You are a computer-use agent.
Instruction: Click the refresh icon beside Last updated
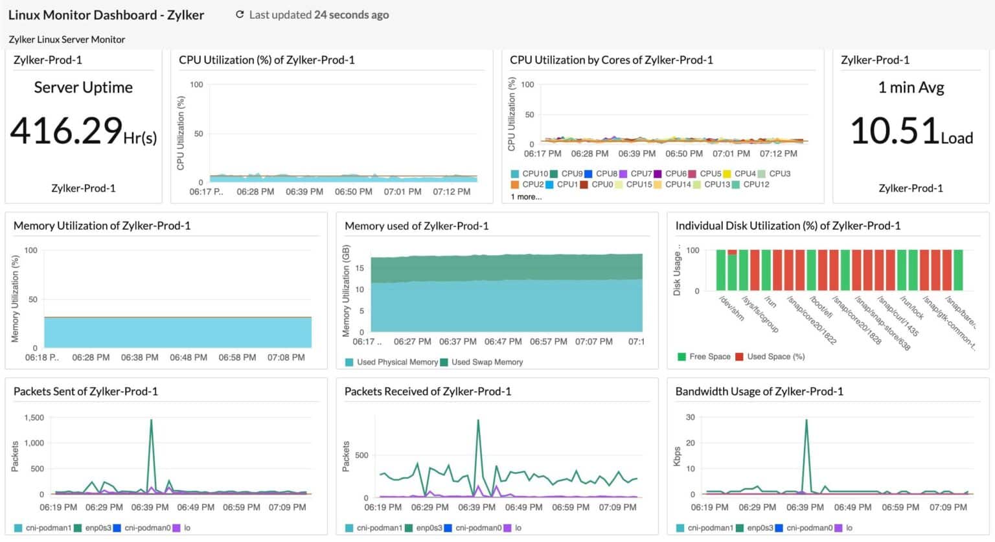coord(240,15)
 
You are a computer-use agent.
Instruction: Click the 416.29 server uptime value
coord(66,131)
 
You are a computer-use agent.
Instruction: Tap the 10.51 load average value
coord(894,131)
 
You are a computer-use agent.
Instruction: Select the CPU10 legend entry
coord(529,174)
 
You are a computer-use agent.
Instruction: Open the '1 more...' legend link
coord(526,197)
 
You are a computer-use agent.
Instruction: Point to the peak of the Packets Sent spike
coord(151,420)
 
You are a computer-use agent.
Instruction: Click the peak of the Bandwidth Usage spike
coord(806,420)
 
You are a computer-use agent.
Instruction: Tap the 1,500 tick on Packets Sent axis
coord(34,418)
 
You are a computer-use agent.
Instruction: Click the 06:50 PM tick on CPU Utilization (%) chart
coord(353,192)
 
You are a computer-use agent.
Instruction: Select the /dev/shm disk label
coord(732,308)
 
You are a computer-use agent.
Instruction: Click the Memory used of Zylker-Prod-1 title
coord(417,226)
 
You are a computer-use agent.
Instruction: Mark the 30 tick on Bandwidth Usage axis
coord(690,418)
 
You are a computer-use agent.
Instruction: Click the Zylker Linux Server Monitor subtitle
coord(67,40)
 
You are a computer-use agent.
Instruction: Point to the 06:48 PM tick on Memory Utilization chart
coord(189,357)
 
